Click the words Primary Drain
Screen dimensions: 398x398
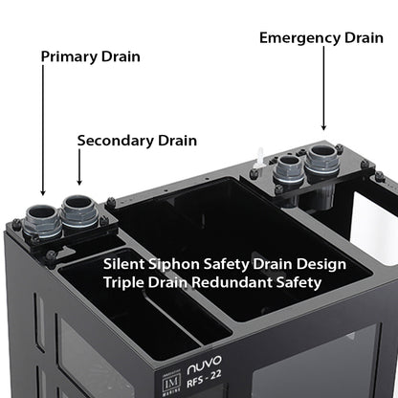point(90,56)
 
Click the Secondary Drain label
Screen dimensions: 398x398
point(137,141)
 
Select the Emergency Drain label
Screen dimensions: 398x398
point(321,38)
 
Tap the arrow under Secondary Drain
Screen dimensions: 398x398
point(78,170)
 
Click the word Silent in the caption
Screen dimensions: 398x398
point(125,262)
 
